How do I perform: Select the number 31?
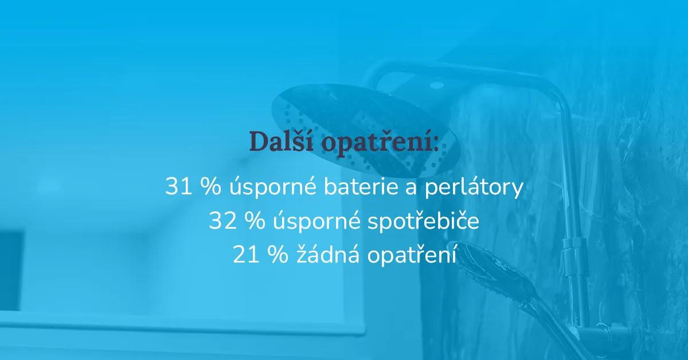(x=178, y=186)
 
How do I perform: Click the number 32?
(x=222, y=220)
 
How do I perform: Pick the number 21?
(x=246, y=255)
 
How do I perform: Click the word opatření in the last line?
(x=411, y=255)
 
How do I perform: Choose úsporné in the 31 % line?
(x=273, y=187)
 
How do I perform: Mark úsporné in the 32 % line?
(x=316, y=222)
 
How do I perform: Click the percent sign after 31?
(x=211, y=186)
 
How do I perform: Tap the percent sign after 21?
(x=278, y=255)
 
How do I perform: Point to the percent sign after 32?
(x=255, y=220)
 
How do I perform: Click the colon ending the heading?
(x=436, y=144)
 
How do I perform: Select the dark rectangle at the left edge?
(x=11, y=271)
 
